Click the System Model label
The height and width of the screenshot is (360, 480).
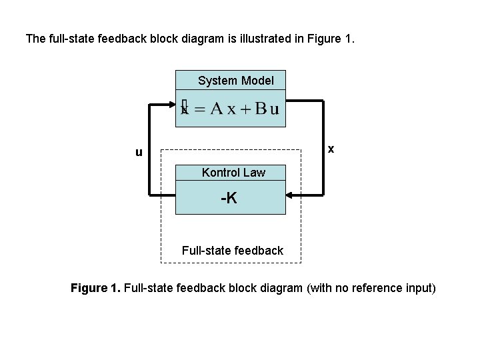pos(235,81)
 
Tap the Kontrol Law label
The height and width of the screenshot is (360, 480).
pos(233,173)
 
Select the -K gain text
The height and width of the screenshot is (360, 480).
pos(229,198)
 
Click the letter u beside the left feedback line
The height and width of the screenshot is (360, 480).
pos(139,152)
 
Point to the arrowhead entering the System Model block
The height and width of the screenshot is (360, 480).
pos(169,104)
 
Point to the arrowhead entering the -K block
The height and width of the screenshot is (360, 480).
pos(291,195)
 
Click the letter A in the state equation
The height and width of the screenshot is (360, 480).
pos(217,109)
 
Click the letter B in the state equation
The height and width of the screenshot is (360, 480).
pos(261,109)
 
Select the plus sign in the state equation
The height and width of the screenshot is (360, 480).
pos(246,110)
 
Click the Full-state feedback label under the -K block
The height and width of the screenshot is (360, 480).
pos(232,251)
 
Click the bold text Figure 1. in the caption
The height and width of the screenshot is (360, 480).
pos(95,288)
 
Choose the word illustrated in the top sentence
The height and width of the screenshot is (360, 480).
pos(255,39)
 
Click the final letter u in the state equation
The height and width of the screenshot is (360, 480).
pos(274,110)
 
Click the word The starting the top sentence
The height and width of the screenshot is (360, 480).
pos(36,39)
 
